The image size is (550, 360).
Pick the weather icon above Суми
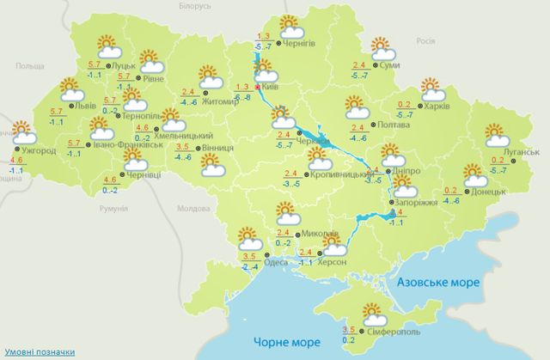click(x=377, y=46)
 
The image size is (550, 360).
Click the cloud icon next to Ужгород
click(x=23, y=133)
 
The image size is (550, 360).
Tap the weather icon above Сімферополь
click(x=372, y=313)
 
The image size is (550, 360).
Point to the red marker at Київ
click(x=256, y=88)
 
